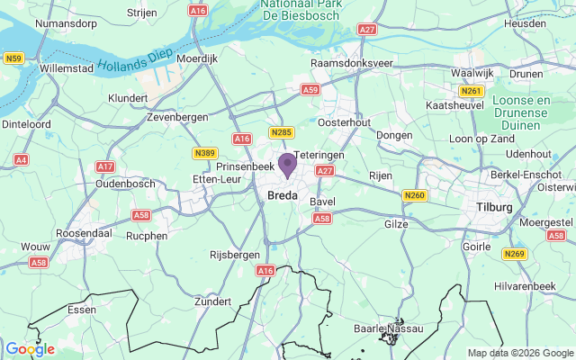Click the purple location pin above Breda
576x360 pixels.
coord(287,166)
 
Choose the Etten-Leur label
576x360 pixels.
coord(217,179)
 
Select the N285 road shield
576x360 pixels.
coord(281,133)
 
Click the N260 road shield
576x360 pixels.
coord(414,195)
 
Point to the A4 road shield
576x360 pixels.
coord(22,159)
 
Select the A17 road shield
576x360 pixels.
coord(105,166)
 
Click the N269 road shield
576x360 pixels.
coord(514,254)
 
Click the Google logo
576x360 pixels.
coord(30,349)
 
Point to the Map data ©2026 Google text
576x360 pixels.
coord(519,353)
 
